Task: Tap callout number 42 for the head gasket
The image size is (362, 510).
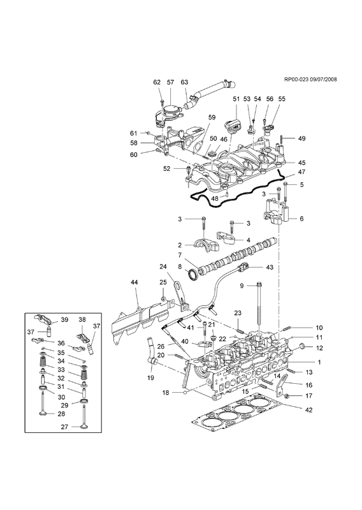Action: (x=309, y=410)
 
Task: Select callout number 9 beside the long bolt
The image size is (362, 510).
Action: (x=242, y=286)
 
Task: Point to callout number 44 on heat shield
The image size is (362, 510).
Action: (x=134, y=282)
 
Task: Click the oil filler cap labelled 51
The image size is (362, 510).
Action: (x=230, y=127)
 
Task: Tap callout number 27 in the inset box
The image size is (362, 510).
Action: (x=64, y=426)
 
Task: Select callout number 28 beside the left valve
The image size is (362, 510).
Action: (x=61, y=414)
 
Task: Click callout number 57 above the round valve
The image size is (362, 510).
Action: (x=171, y=82)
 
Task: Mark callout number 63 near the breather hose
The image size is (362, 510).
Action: (x=184, y=82)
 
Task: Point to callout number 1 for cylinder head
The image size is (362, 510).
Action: (x=319, y=362)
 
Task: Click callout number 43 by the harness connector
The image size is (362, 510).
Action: (x=270, y=267)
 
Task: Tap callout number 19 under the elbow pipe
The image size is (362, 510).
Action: (x=151, y=378)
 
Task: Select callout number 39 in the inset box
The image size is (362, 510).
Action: (x=64, y=320)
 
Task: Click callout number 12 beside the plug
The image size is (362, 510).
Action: (x=319, y=347)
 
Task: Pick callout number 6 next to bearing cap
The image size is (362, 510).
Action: (x=301, y=219)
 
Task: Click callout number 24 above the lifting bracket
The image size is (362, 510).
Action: (x=163, y=266)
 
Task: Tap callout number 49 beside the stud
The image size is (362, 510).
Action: (x=302, y=138)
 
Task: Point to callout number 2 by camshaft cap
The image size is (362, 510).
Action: (x=179, y=245)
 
